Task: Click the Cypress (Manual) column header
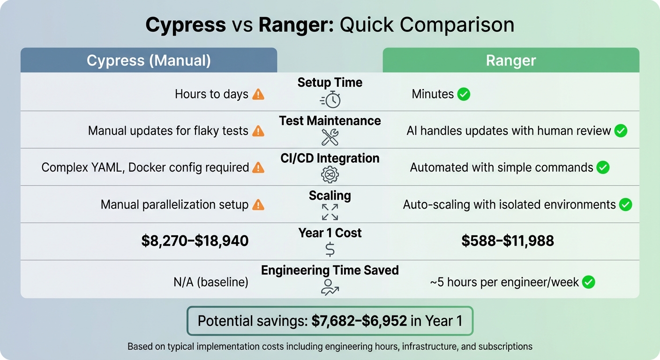(x=149, y=60)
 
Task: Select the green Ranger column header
(x=511, y=60)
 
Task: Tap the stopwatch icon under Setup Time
(x=330, y=99)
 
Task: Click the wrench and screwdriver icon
(x=330, y=137)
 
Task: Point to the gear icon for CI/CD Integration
(x=330, y=174)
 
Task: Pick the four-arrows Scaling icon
(x=330, y=212)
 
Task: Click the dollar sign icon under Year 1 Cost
(x=330, y=249)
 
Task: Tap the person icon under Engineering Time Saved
(x=330, y=287)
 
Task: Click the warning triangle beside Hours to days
(x=258, y=94)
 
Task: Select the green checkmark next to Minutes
(x=464, y=94)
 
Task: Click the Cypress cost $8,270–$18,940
(x=195, y=241)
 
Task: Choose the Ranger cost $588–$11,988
(x=508, y=241)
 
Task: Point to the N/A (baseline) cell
(x=211, y=282)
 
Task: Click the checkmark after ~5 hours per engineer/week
(x=588, y=282)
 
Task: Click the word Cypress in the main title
(x=186, y=25)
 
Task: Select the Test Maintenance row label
(x=330, y=121)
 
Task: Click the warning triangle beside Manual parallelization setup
(x=258, y=205)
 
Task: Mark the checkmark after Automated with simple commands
(x=603, y=167)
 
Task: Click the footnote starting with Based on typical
(x=330, y=347)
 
